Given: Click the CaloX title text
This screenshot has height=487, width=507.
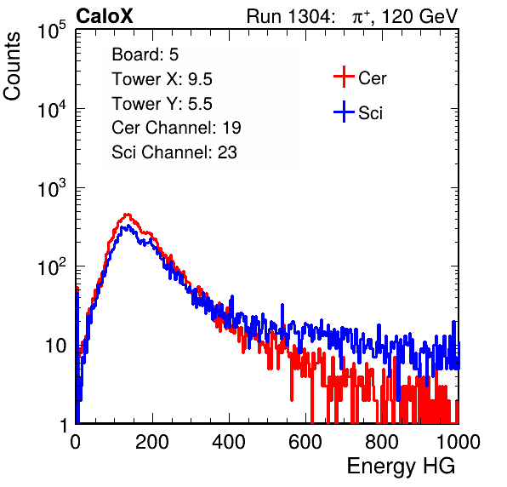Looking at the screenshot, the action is pyautogui.click(x=105, y=16).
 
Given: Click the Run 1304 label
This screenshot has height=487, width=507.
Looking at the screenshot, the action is pyautogui.click(x=288, y=16).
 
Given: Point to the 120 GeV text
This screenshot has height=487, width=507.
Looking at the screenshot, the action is pyautogui.click(x=419, y=16).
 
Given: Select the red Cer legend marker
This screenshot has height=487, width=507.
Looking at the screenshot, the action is pyautogui.click(x=344, y=77).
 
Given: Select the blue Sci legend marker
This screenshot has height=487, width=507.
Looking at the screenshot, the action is pyautogui.click(x=344, y=112).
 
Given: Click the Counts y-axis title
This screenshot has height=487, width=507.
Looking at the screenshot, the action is pyautogui.click(x=12, y=66).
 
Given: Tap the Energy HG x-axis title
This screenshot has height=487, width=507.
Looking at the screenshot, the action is pyautogui.click(x=401, y=467).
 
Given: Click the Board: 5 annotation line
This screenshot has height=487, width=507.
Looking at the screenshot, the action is pyautogui.click(x=145, y=54).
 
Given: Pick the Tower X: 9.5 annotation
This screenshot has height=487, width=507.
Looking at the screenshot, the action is pyautogui.click(x=162, y=79).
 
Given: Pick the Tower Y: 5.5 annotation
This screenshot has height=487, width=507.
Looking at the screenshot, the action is pyautogui.click(x=162, y=104).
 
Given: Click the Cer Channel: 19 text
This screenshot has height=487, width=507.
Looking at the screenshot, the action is pyautogui.click(x=176, y=128).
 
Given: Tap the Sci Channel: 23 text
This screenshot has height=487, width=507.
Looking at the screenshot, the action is pyautogui.click(x=174, y=152).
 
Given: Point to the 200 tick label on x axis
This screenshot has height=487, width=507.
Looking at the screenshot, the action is pyautogui.click(x=152, y=442).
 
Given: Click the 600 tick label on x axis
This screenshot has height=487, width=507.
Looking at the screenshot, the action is pyautogui.click(x=305, y=442).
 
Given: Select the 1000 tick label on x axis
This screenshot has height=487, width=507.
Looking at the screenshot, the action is pyautogui.click(x=459, y=442).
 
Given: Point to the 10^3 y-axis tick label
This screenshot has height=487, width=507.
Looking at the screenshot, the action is pyautogui.click(x=52, y=188).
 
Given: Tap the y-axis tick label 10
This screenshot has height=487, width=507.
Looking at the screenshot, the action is pyautogui.click(x=55, y=347).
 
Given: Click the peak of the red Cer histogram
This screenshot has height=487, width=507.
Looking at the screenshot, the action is pyautogui.click(x=128, y=215).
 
